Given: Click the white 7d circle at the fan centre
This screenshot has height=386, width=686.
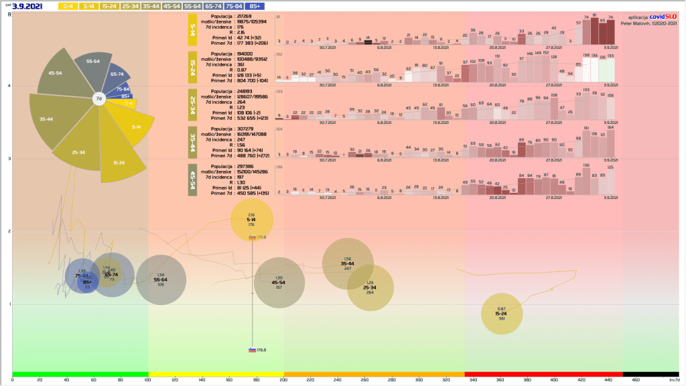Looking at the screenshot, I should pyautogui.click(x=98, y=99).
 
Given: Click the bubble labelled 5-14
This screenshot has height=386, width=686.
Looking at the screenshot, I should pyautogui.click(x=252, y=219).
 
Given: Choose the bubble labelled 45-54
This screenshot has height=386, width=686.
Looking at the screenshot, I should pyautogui.click(x=279, y=283).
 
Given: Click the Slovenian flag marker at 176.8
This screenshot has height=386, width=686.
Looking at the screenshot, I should pyautogui.click(x=252, y=349).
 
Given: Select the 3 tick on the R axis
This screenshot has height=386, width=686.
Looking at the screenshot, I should pyautogui.click(x=9, y=159).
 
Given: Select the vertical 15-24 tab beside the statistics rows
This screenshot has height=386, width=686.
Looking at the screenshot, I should pyautogui.click(x=192, y=67).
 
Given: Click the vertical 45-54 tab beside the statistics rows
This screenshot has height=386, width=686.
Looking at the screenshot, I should pyautogui.click(x=192, y=181).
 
